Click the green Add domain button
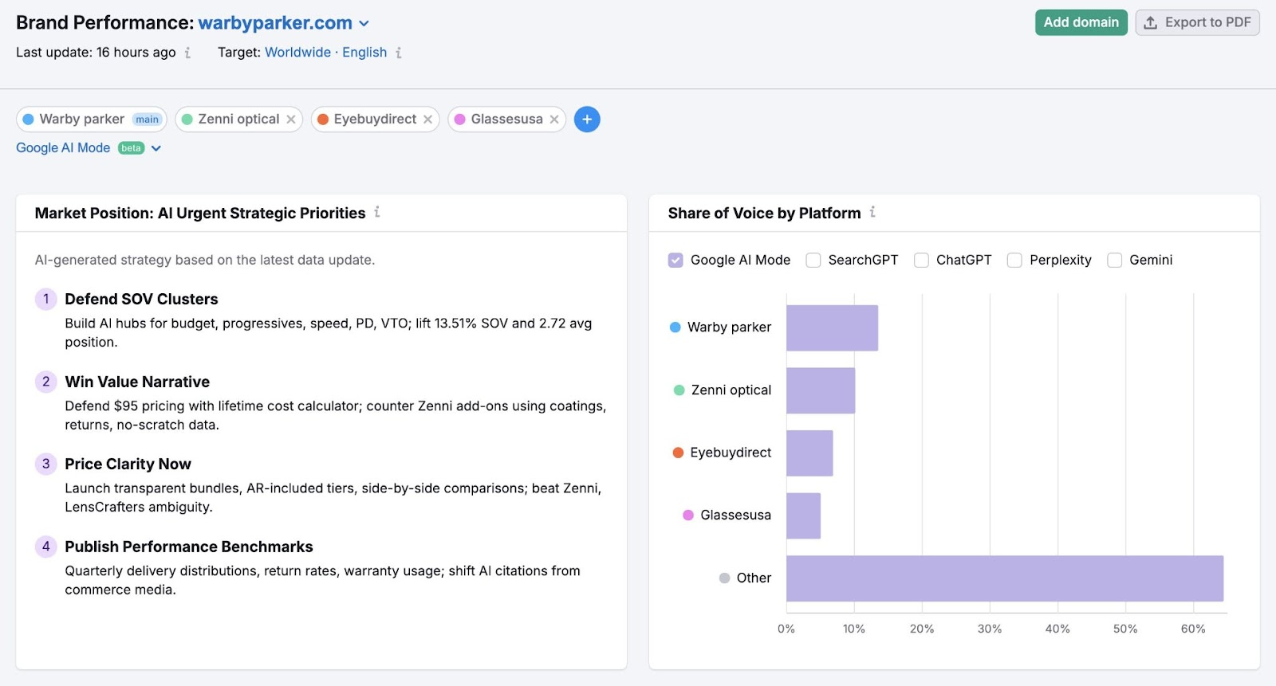tap(1081, 22)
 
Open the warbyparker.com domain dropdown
tap(364, 24)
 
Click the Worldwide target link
tap(297, 53)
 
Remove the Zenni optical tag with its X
tap(291, 120)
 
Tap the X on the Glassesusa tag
tap(554, 120)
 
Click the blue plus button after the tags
tap(587, 120)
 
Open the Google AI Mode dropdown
tap(156, 148)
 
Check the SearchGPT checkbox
tap(813, 261)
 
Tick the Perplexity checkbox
tap(1014, 261)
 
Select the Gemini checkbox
tap(1115, 261)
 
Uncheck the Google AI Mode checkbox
tap(675, 261)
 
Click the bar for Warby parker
tap(832, 327)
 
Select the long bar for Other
tap(1004, 578)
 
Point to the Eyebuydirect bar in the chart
tap(809, 453)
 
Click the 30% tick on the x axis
tap(990, 629)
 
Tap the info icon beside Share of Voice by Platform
tap(872, 212)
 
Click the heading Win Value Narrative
tap(137, 382)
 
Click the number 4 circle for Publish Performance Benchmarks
tap(45, 547)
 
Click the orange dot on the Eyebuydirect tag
tap(323, 120)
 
